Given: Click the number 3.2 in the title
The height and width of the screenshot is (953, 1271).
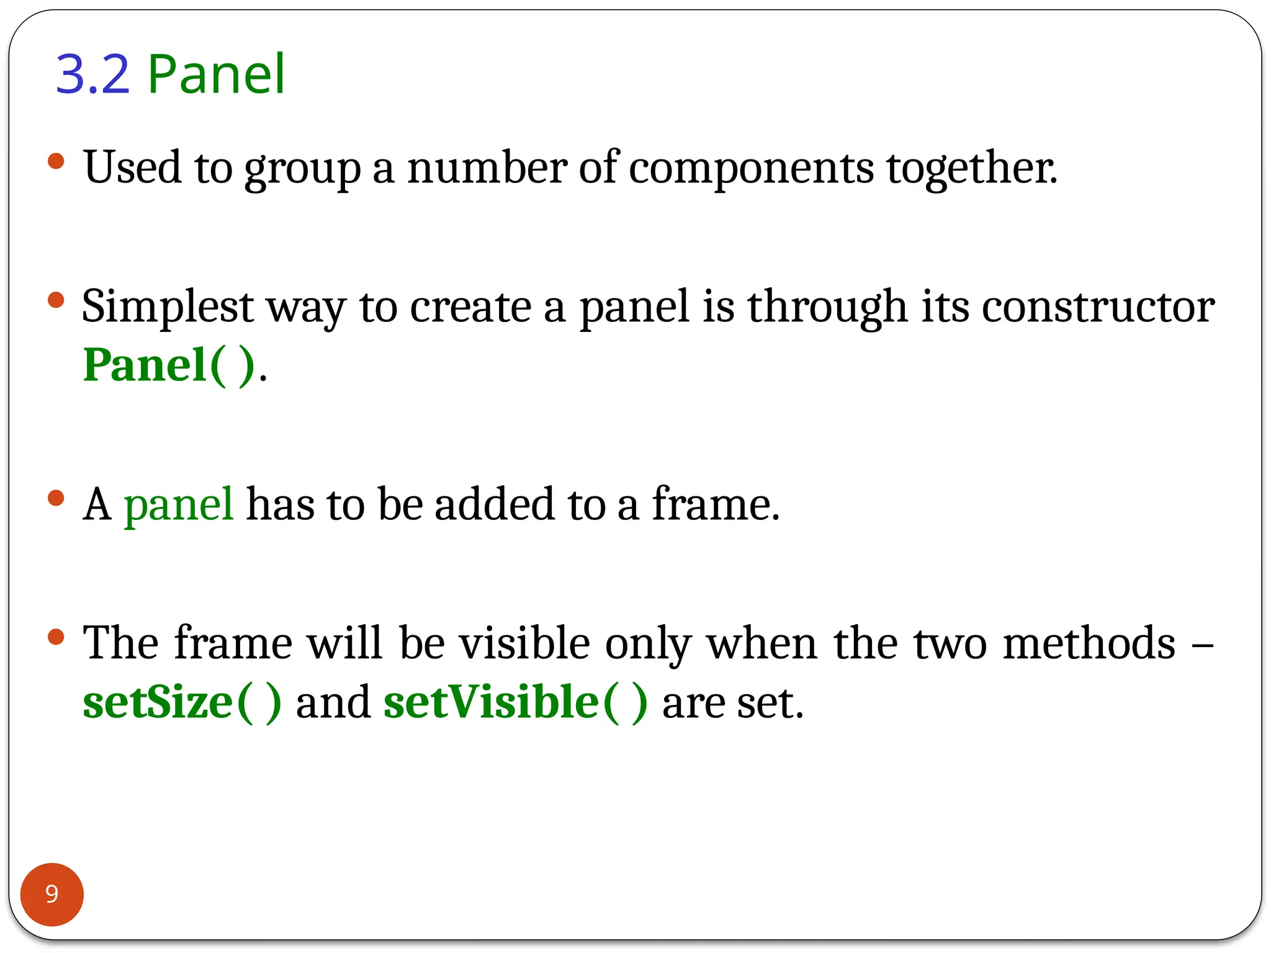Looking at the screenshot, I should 93,74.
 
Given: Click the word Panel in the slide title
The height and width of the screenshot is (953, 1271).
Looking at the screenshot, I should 217,74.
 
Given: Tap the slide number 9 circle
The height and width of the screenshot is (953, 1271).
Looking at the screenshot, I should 52,894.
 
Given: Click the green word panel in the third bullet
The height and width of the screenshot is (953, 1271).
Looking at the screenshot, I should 179,504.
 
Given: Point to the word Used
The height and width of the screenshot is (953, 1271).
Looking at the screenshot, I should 133,168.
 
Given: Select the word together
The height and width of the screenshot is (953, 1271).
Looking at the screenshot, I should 971,168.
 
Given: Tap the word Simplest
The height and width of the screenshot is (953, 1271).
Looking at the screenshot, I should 168,306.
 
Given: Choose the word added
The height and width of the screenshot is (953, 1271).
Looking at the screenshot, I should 494,504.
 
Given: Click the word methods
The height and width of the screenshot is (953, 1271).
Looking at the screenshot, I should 1089,643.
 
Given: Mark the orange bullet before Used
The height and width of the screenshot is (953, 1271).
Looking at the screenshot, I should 56,162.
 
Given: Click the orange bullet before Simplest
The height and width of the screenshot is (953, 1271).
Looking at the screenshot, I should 56,300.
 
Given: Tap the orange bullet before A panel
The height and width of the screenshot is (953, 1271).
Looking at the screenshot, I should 56,498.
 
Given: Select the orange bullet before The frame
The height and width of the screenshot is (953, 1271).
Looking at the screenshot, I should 56,637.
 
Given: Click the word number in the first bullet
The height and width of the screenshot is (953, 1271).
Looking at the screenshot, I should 487,168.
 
